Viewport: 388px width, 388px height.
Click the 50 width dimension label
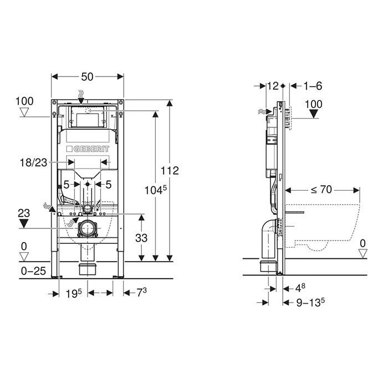(x=88, y=76)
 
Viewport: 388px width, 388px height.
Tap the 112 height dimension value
(x=170, y=171)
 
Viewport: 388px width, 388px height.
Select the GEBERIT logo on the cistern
(x=88, y=149)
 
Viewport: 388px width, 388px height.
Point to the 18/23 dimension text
(x=33, y=162)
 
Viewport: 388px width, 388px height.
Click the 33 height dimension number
(x=141, y=238)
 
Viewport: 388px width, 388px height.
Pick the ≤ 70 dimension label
(x=321, y=190)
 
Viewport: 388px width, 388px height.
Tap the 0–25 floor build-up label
(x=33, y=271)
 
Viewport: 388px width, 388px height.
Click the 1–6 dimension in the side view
(x=313, y=86)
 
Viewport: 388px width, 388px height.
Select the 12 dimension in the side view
(x=273, y=86)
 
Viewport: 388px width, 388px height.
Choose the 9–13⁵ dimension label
(x=310, y=302)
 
